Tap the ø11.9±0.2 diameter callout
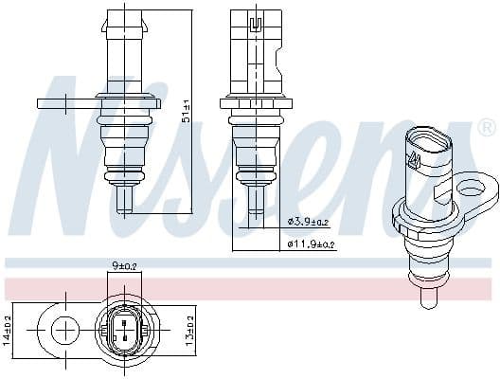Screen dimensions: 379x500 point(312,245)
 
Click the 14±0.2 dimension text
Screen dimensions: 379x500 point(9,328)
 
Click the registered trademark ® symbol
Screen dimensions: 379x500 point(486,125)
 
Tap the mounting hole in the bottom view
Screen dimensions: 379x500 point(65,330)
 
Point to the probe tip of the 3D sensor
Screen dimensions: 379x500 point(426,300)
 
